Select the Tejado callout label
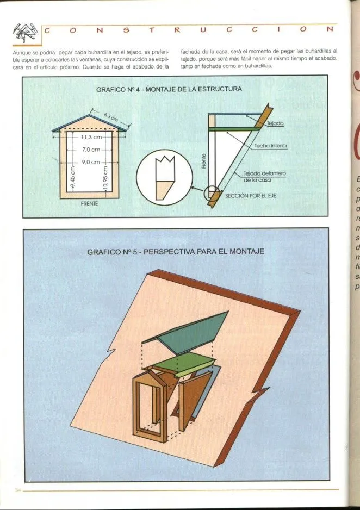(275, 124)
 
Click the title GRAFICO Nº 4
(169, 88)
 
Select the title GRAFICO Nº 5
(175, 252)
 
